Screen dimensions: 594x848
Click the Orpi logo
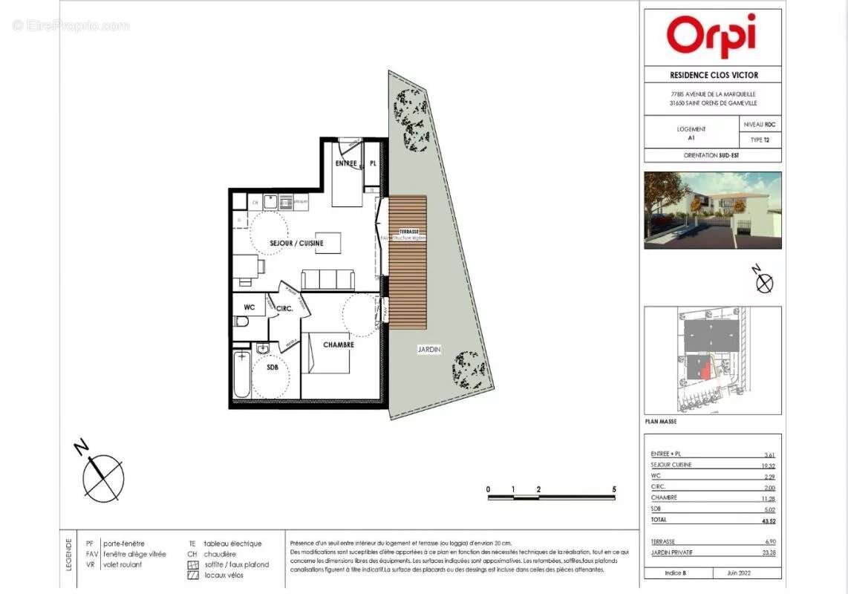click(711, 35)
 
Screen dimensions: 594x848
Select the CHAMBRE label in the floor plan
click(338, 345)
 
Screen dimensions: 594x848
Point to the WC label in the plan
click(249, 306)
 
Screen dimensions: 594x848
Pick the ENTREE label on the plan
click(346, 163)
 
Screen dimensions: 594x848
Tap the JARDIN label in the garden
click(428, 349)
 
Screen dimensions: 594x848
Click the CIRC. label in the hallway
click(284, 308)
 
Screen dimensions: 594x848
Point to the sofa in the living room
click(327, 279)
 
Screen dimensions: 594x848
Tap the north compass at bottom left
click(101, 476)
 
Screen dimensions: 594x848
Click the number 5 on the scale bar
click(614, 489)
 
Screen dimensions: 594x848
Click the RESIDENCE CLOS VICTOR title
click(712, 75)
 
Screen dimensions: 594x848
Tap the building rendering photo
click(712, 210)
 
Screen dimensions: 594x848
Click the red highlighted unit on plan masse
click(702, 368)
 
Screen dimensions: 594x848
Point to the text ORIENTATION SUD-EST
click(712, 156)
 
